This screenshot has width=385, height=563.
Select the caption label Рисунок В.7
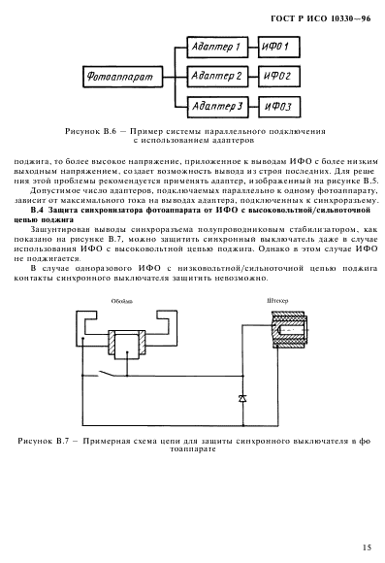(54, 441)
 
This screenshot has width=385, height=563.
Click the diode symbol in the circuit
(243, 397)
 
